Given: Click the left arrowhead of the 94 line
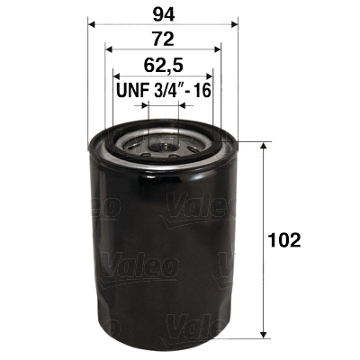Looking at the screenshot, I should (x=92, y=21).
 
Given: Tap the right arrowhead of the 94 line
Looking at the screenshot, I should (x=232, y=21).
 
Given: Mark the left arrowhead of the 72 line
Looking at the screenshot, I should (x=109, y=48).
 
